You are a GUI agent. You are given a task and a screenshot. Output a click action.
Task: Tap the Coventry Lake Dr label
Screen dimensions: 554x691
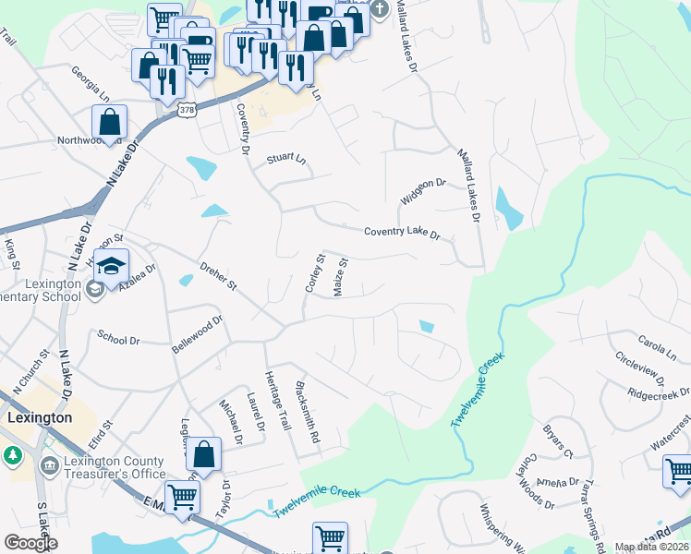click(403, 232)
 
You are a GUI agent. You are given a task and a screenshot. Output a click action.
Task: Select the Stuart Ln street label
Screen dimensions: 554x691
click(286, 158)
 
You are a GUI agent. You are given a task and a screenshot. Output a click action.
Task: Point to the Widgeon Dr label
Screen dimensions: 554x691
click(423, 191)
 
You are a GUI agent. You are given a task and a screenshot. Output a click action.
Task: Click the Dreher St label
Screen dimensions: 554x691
click(221, 278)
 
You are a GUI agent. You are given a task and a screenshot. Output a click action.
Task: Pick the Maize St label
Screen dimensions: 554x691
click(340, 277)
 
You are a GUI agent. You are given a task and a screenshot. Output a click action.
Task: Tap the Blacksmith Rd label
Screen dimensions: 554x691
click(308, 410)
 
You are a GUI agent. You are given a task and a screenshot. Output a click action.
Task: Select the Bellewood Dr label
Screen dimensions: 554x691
click(198, 334)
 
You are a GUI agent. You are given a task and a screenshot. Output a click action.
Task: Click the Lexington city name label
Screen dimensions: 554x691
click(39, 417)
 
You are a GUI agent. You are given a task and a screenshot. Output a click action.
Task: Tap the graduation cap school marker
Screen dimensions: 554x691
click(111, 265)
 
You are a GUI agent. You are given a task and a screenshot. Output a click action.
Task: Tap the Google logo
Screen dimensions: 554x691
click(30, 542)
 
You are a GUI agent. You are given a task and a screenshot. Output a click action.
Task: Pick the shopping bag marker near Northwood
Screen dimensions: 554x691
click(109, 121)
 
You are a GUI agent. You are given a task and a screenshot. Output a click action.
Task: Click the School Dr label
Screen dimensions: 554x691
click(117, 339)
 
